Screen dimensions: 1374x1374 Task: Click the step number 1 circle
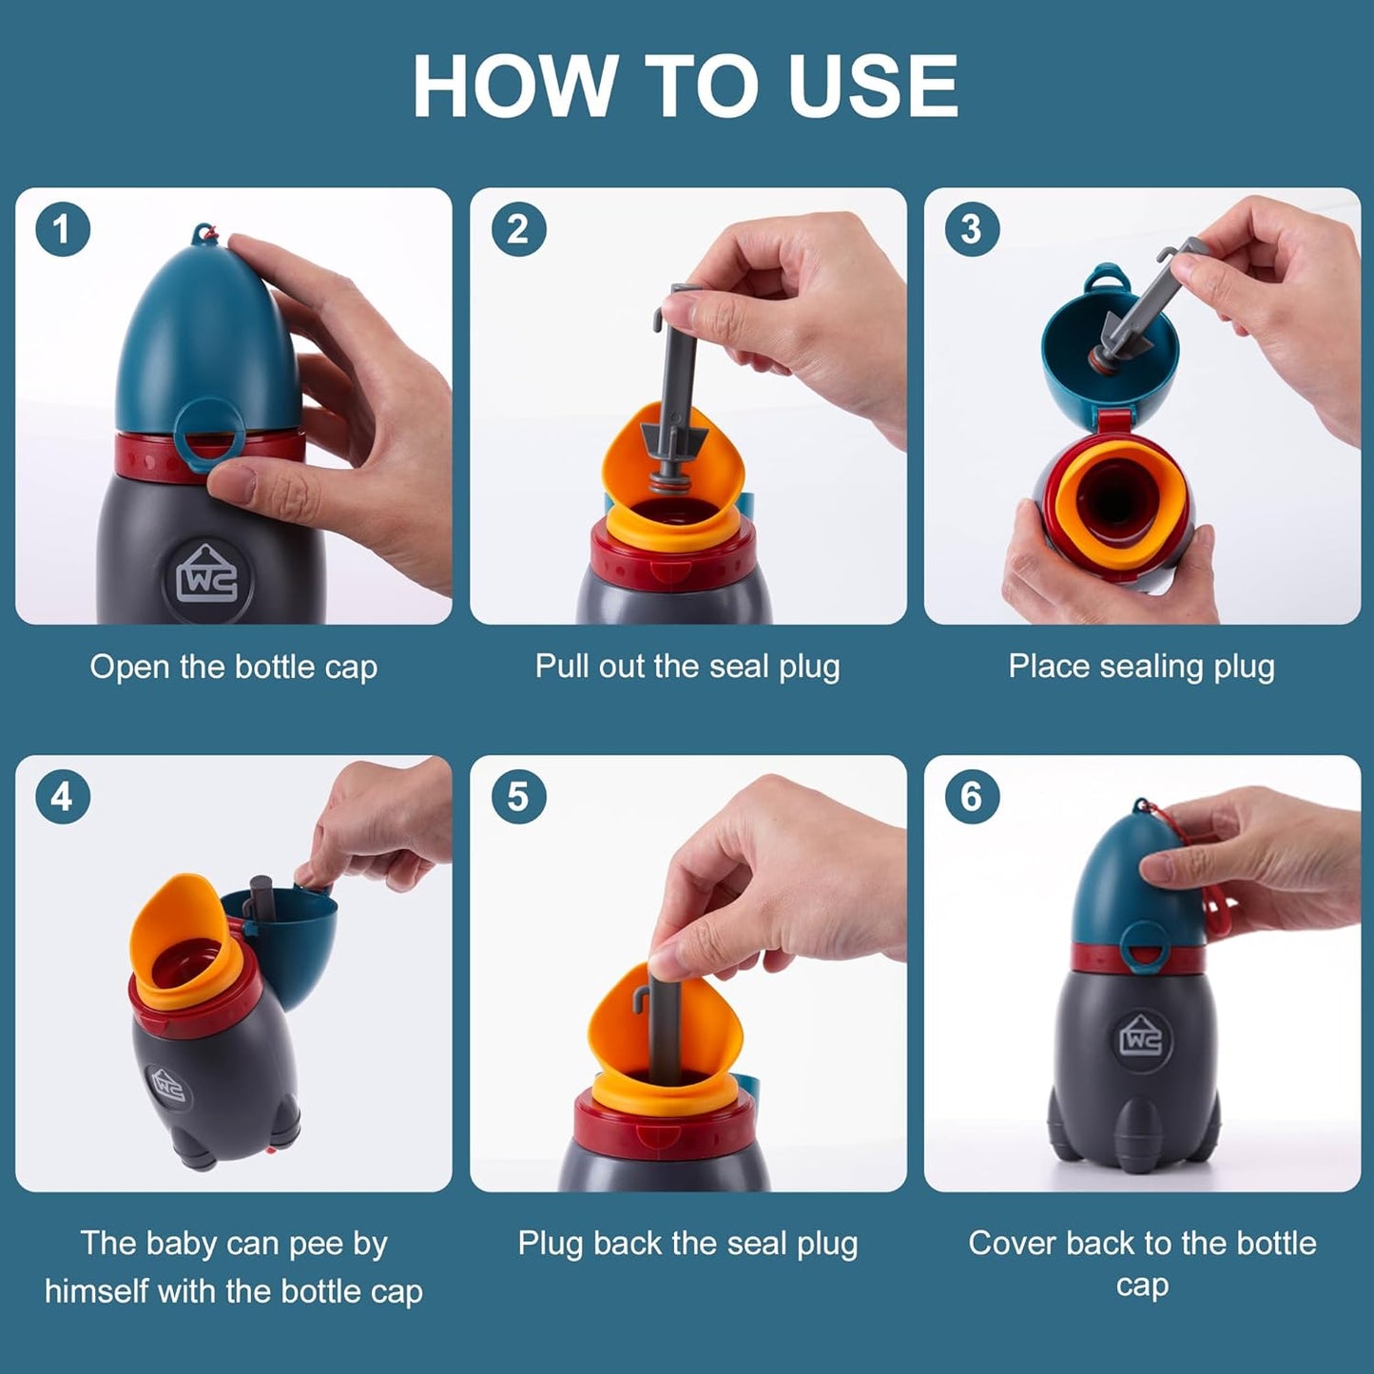point(62,229)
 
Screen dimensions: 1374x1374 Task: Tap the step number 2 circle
point(518,229)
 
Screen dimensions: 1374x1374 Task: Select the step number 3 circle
point(971,229)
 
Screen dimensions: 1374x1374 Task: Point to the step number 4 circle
point(62,797)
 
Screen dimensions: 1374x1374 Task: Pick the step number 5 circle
point(518,797)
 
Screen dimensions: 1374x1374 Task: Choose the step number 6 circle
point(971,797)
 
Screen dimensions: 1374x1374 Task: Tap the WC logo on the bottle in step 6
point(1141,1039)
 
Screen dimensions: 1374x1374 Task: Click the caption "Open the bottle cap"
point(233,668)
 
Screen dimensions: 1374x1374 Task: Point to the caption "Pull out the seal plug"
point(687,667)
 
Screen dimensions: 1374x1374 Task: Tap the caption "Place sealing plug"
point(1141,667)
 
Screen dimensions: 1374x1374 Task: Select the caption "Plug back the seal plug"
point(687,1244)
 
